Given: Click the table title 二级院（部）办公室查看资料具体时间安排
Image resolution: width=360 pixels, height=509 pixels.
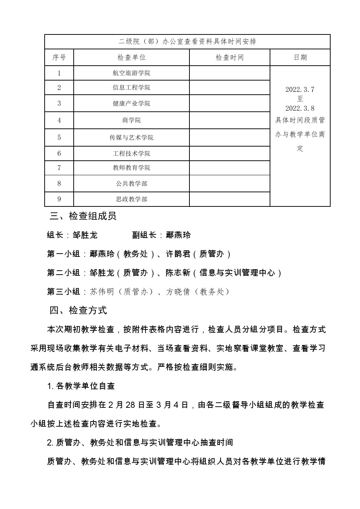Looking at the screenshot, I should point(187,41).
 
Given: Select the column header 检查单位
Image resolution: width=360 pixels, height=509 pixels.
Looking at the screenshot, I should point(131,57).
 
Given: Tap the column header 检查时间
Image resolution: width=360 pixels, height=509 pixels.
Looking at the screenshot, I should point(229,57).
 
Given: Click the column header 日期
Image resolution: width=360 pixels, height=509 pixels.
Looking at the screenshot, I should point(300,57).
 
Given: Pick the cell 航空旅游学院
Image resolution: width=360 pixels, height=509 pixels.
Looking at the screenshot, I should point(131,73).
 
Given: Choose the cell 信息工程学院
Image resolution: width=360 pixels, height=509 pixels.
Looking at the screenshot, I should point(131,87).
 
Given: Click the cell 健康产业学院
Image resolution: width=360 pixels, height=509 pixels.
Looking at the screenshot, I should point(131,103).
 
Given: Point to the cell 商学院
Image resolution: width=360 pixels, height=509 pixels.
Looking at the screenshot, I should point(131,120).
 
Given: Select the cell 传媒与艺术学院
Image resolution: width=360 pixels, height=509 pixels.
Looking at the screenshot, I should point(131,137).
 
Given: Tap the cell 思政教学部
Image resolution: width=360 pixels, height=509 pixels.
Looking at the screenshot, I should point(131,199).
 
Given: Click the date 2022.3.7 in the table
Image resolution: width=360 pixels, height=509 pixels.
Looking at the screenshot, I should point(300,89).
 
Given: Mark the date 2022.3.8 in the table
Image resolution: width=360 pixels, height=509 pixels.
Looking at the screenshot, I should point(300,108).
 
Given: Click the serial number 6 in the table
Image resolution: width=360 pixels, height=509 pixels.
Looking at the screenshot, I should point(59,153).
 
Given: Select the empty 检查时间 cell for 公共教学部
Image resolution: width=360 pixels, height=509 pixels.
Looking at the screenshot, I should point(229,184).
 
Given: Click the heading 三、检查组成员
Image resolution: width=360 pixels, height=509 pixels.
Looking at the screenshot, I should point(83,216).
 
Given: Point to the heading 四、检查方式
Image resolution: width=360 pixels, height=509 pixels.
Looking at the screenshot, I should point(78,311).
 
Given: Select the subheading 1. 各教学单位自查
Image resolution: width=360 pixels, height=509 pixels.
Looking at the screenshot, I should point(81,386).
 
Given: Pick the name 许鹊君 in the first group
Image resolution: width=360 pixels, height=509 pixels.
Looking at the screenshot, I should point(178,254).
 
